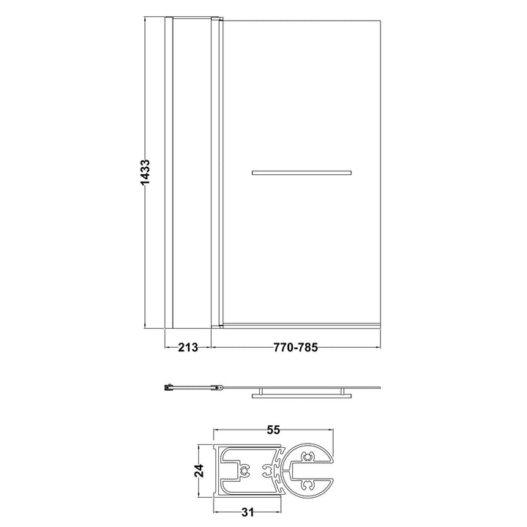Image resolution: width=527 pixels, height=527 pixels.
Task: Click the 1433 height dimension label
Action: [x=145, y=172]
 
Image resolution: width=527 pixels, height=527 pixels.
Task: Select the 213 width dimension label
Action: [x=188, y=347]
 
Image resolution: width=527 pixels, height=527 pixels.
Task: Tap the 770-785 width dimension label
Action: [x=296, y=347]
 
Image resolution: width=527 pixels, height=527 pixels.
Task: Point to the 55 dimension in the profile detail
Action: [x=273, y=430]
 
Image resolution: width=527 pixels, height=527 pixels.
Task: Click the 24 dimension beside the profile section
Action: [x=199, y=471]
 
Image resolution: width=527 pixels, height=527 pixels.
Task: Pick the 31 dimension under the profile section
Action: [x=247, y=512]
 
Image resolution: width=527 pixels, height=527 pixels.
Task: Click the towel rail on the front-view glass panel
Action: [x=302, y=173]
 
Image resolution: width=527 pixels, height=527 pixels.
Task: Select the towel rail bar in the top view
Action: [x=302, y=396]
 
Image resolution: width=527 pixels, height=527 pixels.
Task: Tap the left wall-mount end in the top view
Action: [x=168, y=387]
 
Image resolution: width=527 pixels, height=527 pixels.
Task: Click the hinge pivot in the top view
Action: [x=218, y=387]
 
